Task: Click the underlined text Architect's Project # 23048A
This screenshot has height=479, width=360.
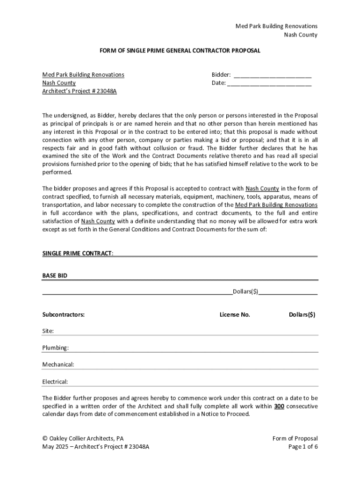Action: click(79, 91)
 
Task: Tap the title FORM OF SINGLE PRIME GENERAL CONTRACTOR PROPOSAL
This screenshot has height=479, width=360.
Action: click(180, 51)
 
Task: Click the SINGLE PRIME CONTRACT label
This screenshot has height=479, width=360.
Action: click(77, 253)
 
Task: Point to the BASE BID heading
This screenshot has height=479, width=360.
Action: click(55, 276)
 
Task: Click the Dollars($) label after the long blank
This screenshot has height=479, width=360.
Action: click(245, 291)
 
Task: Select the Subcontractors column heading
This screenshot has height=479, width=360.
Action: click(64, 315)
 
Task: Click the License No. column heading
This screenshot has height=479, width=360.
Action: click(235, 315)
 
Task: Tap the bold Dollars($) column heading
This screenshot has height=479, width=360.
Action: click(302, 315)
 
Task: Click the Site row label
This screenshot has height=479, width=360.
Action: click(48, 331)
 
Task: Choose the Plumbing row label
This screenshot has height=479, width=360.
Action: click(56, 348)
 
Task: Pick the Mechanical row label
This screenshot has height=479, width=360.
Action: click(58, 365)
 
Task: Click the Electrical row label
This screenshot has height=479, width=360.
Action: click(55, 382)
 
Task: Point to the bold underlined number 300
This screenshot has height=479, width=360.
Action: click(279, 406)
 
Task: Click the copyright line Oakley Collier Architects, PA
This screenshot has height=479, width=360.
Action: click(83, 438)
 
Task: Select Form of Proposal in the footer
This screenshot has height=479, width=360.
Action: click(295, 438)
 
